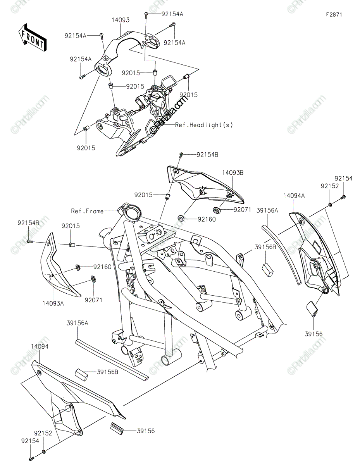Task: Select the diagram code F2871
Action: (x=334, y=14)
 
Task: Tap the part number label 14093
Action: (x=121, y=20)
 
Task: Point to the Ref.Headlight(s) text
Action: (x=204, y=125)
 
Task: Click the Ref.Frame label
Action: (x=87, y=211)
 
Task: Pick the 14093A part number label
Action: (x=53, y=303)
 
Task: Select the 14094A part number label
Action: (x=294, y=196)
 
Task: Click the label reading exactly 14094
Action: (x=40, y=347)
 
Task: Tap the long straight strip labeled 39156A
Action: (x=110, y=359)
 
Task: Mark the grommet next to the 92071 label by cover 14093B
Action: (x=216, y=210)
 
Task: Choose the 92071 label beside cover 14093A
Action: (x=93, y=300)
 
